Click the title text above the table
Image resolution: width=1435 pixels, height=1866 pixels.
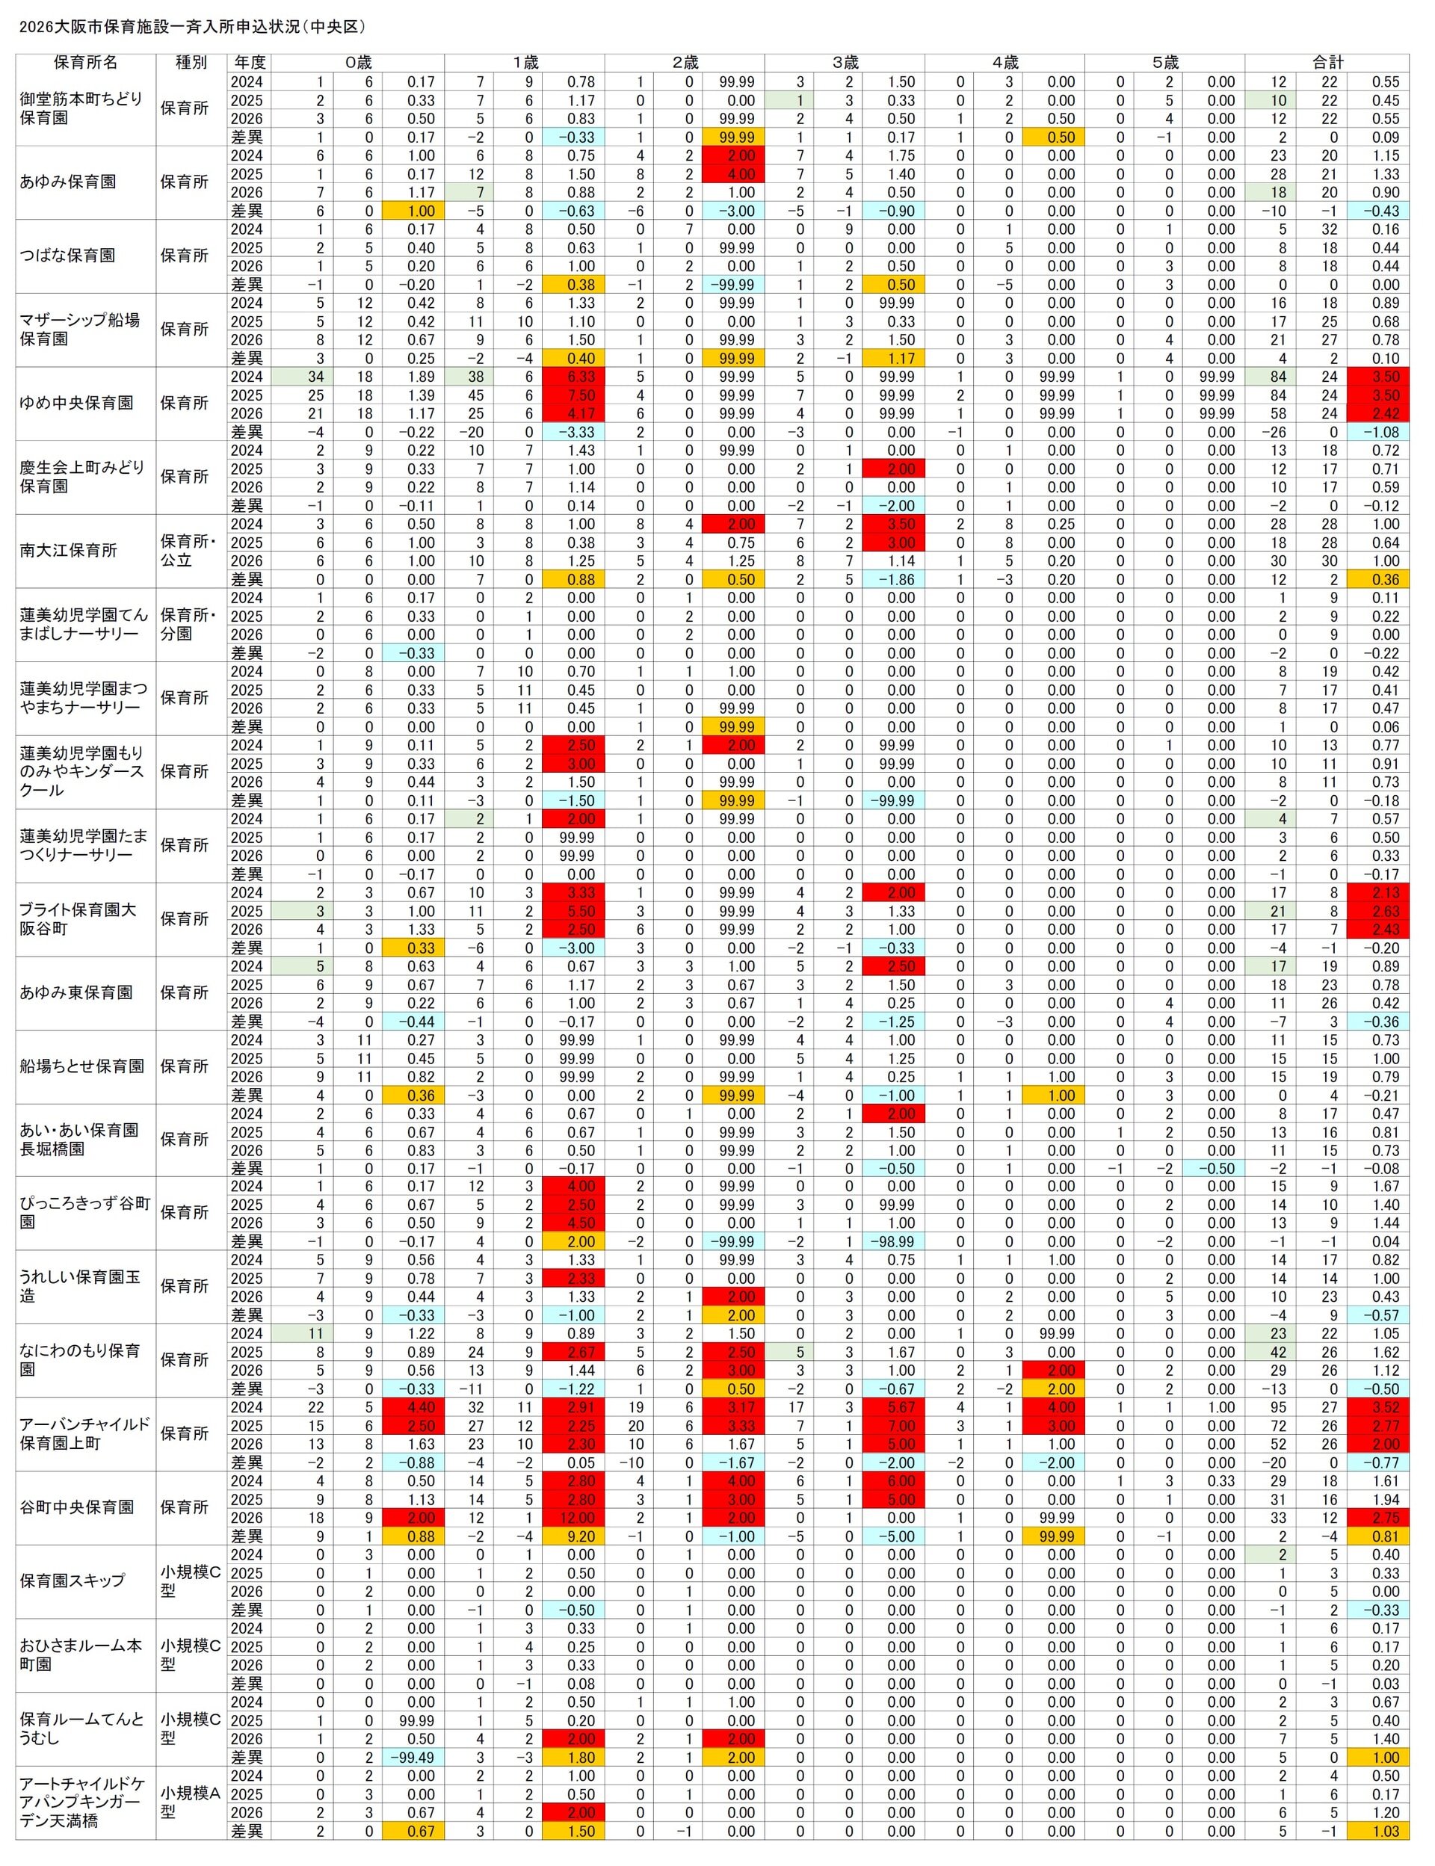coord(192,26)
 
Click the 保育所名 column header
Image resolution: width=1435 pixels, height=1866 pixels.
coord(84,62)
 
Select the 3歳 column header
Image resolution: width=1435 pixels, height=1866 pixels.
coord(844,62)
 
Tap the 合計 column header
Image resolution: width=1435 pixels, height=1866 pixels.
coord(1327,62)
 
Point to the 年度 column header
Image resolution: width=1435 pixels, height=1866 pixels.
coord(250,62)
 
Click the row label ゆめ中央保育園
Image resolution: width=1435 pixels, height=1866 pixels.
coord(76,403)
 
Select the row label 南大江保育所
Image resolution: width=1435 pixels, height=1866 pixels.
coord(68,551)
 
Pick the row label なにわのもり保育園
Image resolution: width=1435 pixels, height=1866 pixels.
coord(79,1359)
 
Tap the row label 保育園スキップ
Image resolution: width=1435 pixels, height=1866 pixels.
coord(72,1580)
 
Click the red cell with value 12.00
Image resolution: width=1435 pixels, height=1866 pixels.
coord(578,1518)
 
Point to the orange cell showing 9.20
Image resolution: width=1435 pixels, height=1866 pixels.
coord(578,1536)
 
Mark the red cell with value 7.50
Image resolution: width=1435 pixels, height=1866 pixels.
coord(578,395)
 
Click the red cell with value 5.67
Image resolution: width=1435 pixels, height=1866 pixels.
coord(893,1407)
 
